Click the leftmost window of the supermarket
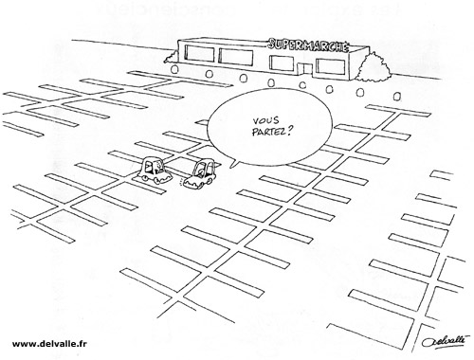[199, 53]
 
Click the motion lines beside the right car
[183, 183]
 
